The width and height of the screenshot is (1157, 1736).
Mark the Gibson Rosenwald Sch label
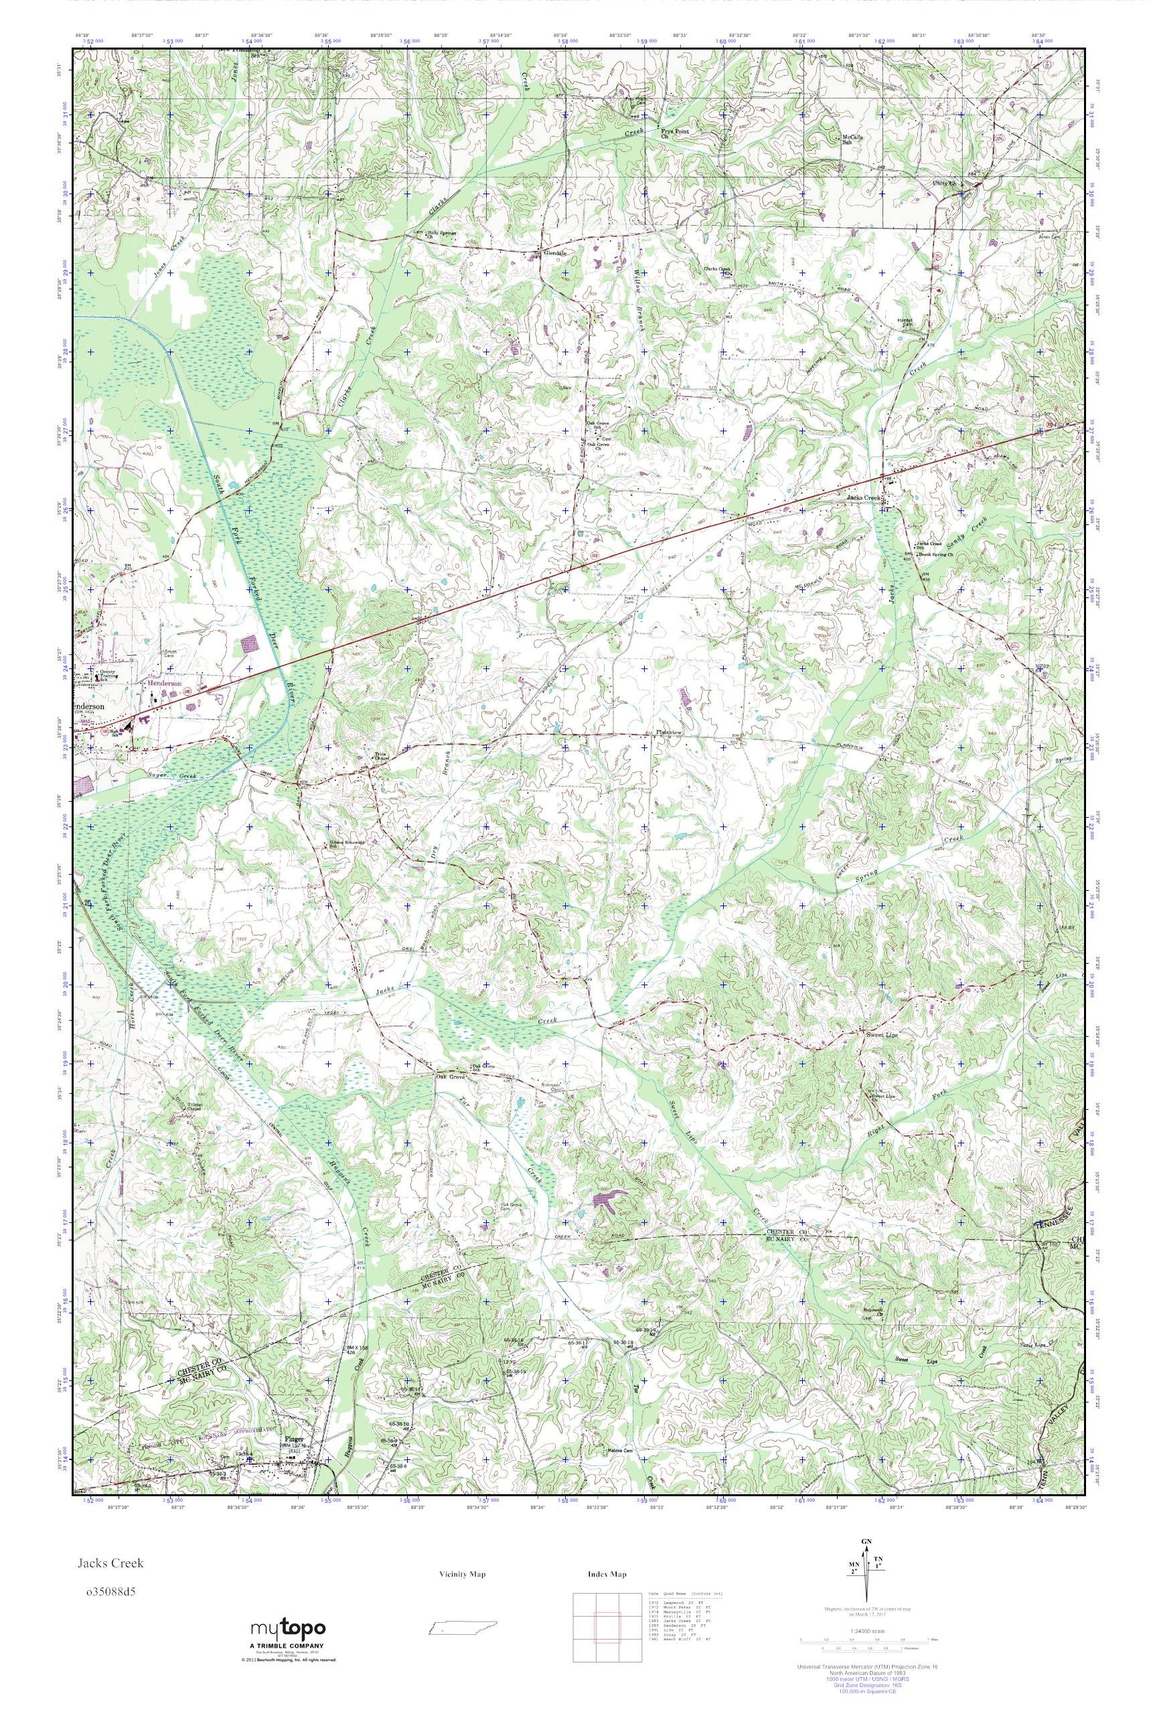pos(341,845)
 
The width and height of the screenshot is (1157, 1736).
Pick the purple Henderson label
pos(165,683)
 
